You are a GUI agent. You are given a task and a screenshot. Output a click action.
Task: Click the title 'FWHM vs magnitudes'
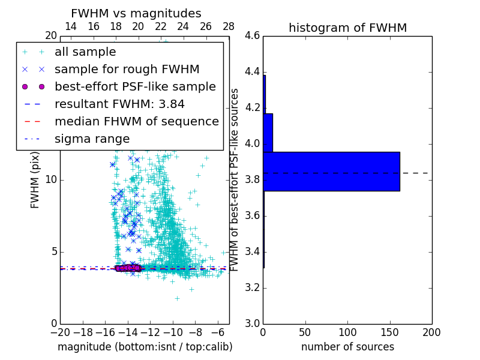136,13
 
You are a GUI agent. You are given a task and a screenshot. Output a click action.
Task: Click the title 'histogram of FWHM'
347,28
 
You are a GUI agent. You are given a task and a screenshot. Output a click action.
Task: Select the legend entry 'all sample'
85,52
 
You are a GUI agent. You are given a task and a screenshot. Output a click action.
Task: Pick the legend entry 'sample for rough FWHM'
127,69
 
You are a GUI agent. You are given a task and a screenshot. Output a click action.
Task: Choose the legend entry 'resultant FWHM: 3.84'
119,104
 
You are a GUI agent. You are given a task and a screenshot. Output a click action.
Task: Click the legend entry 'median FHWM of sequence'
136,121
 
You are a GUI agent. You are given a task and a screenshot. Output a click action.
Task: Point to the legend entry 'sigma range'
92,139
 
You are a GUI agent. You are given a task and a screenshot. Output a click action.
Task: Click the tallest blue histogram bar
331,172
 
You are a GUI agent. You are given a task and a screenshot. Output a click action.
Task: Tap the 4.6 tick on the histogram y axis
253,36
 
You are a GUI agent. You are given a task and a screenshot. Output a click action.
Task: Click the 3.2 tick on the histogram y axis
253,288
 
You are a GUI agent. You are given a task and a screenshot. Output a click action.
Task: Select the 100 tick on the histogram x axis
347,332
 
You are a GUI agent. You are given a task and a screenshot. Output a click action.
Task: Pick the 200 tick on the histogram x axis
431,332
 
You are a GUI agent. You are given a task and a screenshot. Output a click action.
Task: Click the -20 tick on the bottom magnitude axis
60,332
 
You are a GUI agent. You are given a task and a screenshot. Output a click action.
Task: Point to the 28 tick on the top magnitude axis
229,26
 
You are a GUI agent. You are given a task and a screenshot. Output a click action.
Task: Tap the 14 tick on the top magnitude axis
70,26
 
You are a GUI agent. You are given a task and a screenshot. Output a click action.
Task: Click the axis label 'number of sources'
347,347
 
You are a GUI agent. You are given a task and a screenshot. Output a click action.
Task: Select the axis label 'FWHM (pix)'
35,180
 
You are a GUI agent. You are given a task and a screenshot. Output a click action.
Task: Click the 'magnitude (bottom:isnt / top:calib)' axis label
145,347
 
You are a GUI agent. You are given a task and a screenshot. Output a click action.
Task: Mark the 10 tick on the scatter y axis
50,180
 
